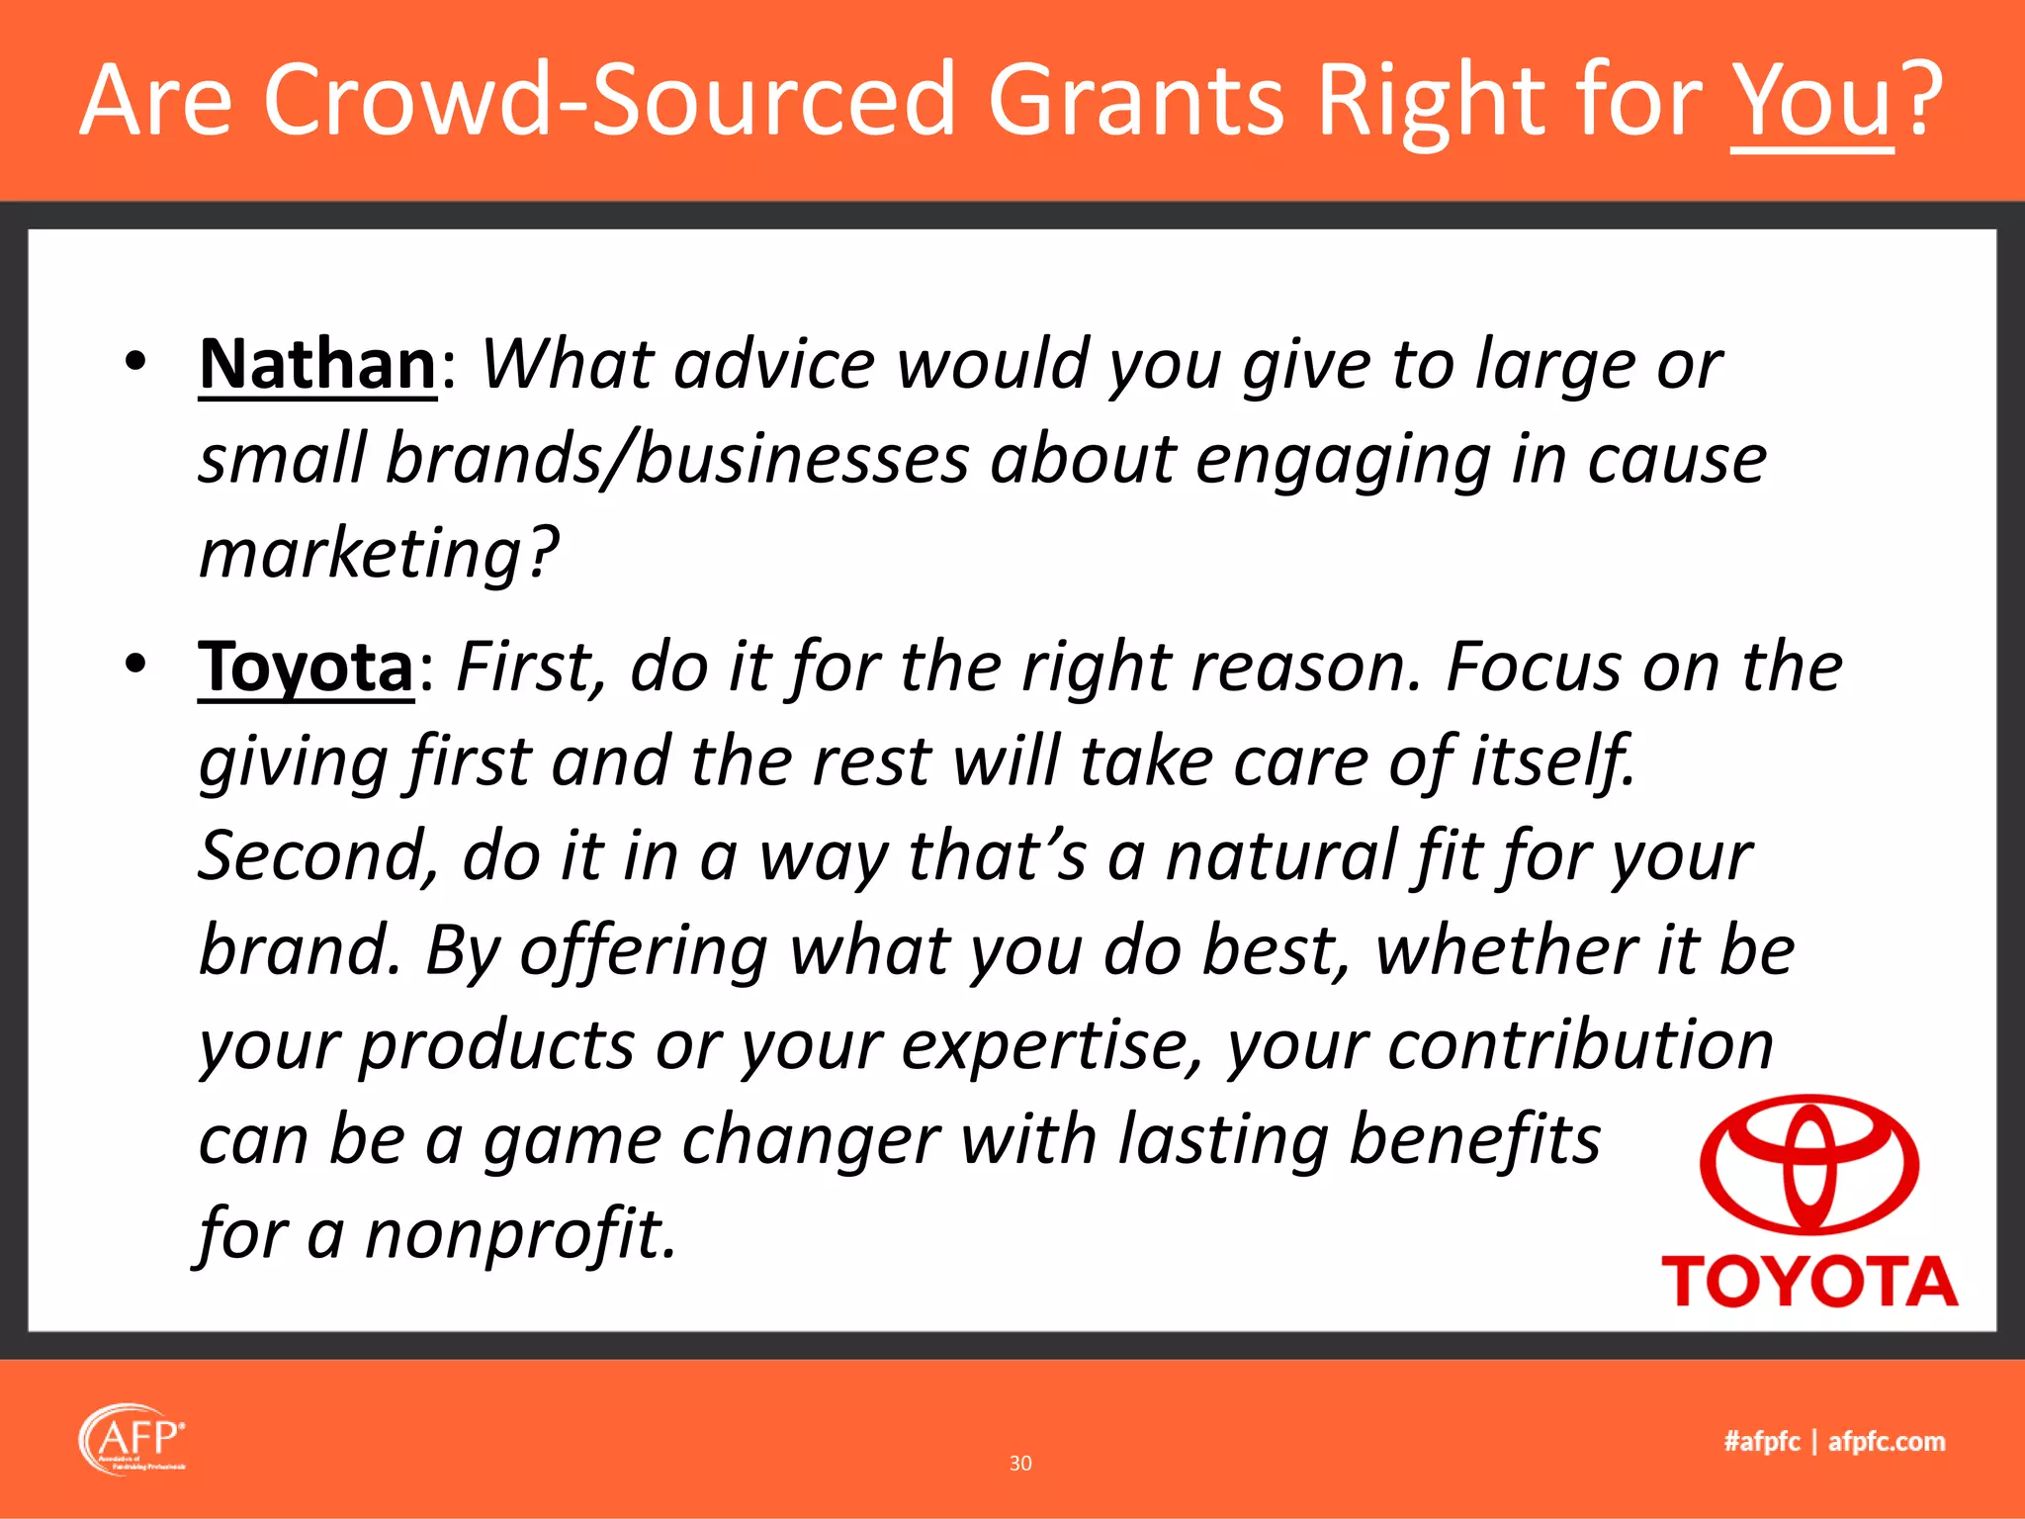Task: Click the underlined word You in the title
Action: point(1811,101)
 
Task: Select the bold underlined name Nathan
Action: point(317,365)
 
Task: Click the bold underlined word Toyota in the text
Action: point(306,668)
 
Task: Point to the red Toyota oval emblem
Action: point(1809,1165)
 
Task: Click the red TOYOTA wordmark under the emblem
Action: point(1809,1283)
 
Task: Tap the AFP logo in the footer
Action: point(132,1439)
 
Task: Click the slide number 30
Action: point(1020,1464)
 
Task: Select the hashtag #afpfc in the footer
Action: point(1761,1442)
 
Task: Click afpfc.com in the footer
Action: point(1887,1442)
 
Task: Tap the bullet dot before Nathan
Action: point(136,362)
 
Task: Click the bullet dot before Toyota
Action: point(136,664)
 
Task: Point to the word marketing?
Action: point(379,553)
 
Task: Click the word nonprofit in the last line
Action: point(520,1235)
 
